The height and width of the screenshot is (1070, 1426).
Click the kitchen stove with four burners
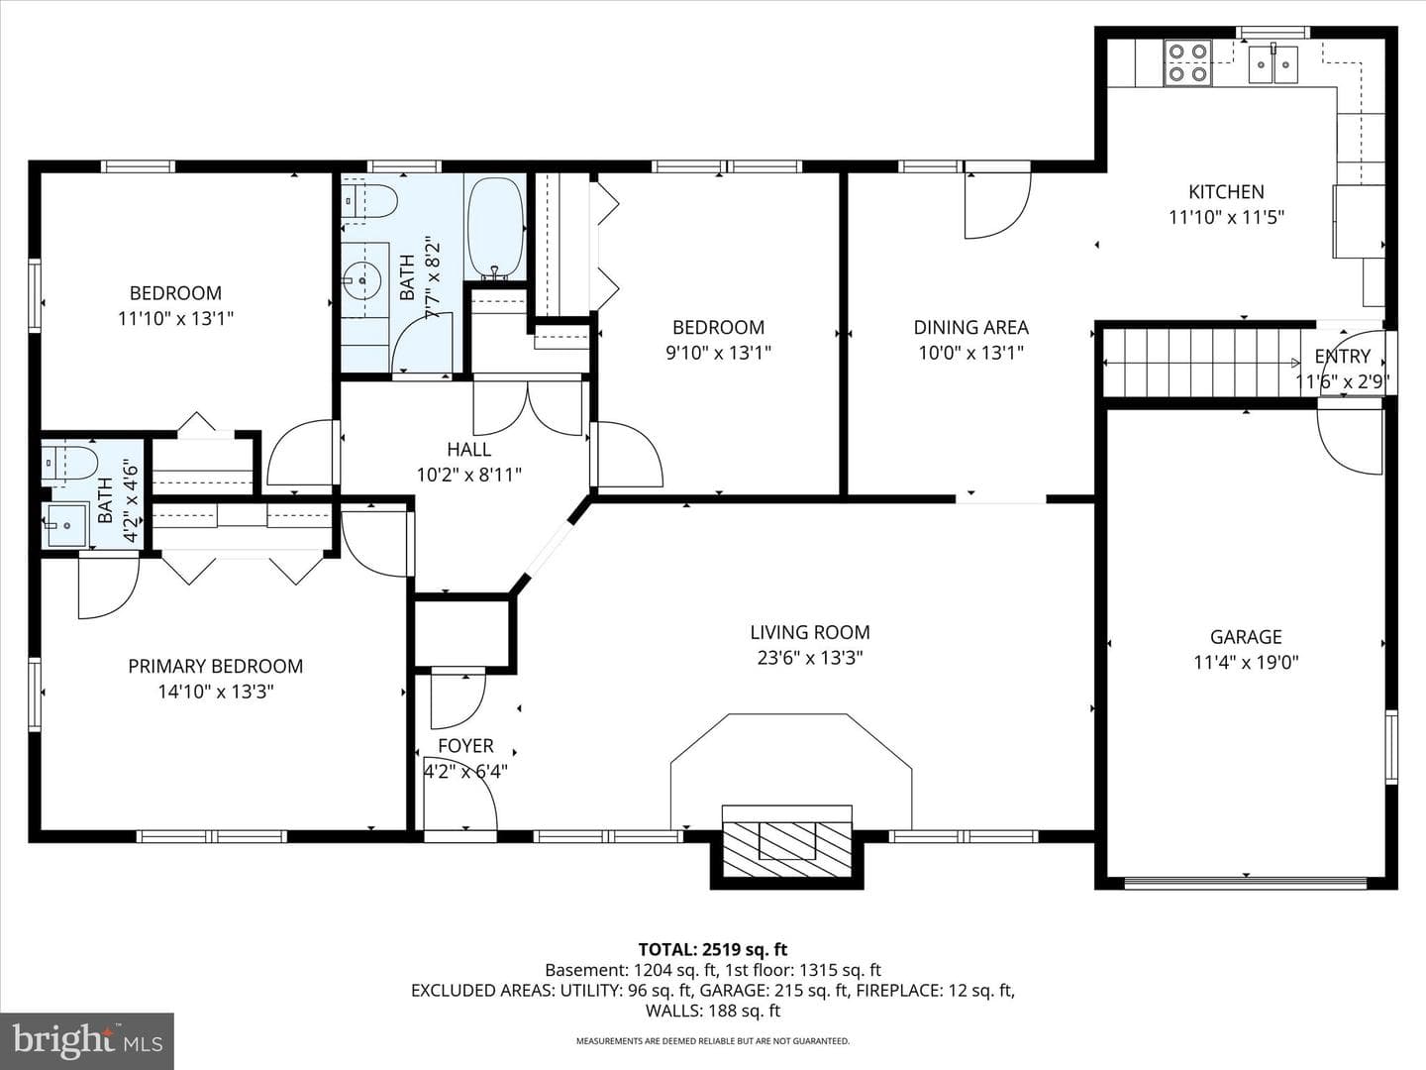[1188, 63]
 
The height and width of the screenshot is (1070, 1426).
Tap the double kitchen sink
[1273, 64]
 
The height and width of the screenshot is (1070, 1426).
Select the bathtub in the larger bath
[496, 229]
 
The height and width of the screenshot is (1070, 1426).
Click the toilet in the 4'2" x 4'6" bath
[69, 464]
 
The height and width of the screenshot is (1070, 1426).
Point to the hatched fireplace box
[786, 848]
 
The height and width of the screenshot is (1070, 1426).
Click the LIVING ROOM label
[809, 632]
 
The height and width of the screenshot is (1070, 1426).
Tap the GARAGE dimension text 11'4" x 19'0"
[1246, 663]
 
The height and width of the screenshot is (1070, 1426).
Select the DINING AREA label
[971, 327]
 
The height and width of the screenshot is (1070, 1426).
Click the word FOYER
[465, 746]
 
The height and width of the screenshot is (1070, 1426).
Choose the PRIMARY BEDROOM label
[216, 666]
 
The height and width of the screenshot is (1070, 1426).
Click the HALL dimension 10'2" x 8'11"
[469, 475]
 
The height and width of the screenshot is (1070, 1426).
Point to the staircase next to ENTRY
[1202, 363]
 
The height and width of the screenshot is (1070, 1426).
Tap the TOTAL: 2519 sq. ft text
[713, 950]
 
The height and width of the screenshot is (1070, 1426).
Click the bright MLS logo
[87, 1040]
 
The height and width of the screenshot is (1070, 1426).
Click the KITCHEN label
[1227, 191]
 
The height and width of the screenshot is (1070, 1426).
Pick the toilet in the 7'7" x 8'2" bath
[369, 201]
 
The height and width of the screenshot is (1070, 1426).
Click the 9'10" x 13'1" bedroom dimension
[719, 353]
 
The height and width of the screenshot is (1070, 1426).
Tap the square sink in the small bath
[66, 524]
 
